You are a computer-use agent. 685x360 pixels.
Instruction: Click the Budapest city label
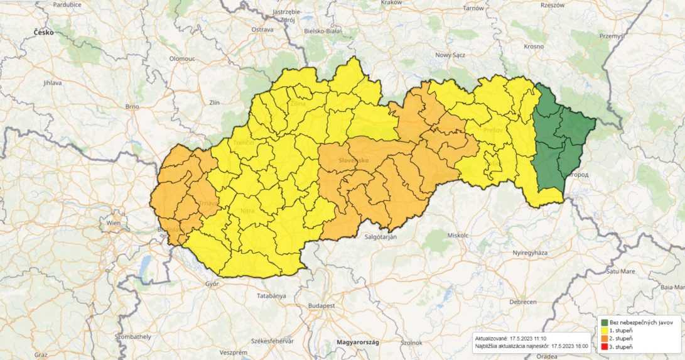tap(321, 305)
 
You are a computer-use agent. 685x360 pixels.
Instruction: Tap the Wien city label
tap(113, 223)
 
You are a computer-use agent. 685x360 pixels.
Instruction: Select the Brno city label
tap(132, 107)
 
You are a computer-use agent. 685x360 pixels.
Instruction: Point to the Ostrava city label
tap(262, 30)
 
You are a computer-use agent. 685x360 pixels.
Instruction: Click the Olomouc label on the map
tap(182, 58)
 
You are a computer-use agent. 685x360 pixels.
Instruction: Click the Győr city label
tap(212, 284)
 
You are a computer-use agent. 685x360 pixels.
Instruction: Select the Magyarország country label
tap(350, 342)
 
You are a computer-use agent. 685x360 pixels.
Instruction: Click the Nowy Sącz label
tap(452, 55)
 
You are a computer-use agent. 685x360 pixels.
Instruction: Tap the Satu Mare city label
tap(620, 271)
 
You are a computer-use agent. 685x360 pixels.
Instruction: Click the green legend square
tap(604, 322)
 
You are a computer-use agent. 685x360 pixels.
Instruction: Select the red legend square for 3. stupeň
tap(604, 347)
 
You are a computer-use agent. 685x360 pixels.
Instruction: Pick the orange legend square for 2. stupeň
tap(604, 339)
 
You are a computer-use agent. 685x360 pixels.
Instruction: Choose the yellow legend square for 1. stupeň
tap(604, 330)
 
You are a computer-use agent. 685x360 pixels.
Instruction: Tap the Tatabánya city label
tap(271, 295)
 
